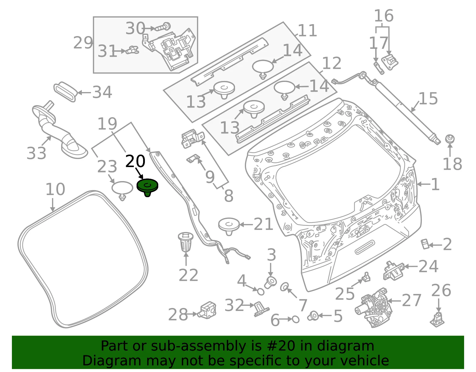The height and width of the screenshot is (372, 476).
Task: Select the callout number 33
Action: pyautogui.click(x=36, y=153)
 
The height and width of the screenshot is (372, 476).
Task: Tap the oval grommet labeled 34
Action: pyautogui.click(x=65, y=92)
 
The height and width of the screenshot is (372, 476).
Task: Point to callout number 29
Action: pyautogui.click(x=83, y=43)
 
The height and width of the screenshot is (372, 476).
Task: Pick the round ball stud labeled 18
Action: pyautogui.click(x=450, y=139)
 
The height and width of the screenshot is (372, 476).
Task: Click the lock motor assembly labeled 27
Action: pyautogui.click(x=373, y=308)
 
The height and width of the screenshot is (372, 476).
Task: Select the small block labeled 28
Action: pyautogui.click(x=207, y=310)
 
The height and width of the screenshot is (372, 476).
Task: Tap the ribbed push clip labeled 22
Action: pyautogui.click(x=186, y=242)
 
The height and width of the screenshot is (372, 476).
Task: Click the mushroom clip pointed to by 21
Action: pyautogui.click(x=229, y=226)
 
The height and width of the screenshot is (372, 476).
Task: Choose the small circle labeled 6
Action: pyautogui.click(x=296, y=319)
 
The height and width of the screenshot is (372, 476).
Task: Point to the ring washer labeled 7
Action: pyautogui.click(x=284, y=287)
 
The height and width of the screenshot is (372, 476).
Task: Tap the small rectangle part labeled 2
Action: pyautogui.click(x=425, y=244)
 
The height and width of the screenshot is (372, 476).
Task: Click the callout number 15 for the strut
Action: pyautogui.click(x=428, y=98)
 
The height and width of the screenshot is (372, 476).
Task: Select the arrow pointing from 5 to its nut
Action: pyautogui.click(x=325, y=316)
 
